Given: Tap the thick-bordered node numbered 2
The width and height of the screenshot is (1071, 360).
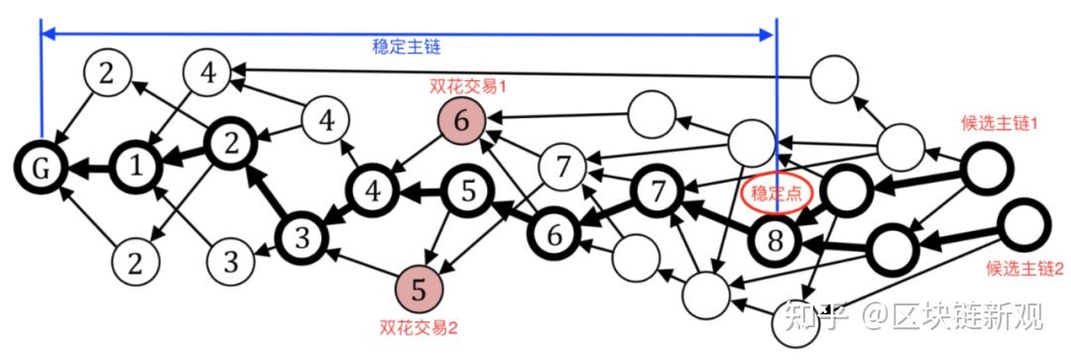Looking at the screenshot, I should point(231,145).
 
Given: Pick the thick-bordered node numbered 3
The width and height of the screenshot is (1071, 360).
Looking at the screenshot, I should point(302,237).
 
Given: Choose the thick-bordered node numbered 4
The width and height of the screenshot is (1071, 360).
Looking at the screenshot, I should point(373,188).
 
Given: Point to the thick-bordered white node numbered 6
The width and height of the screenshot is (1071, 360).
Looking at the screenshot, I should point(556,235).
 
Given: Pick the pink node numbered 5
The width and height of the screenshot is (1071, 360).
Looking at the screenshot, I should point(418,290).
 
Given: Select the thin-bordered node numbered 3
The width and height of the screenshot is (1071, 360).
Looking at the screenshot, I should point(230,263).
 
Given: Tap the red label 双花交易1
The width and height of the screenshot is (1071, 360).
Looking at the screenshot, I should point(468,86).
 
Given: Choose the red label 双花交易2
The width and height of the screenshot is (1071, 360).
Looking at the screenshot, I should point(417,324).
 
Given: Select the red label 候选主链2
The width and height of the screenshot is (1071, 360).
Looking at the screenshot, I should point(1024,268).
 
